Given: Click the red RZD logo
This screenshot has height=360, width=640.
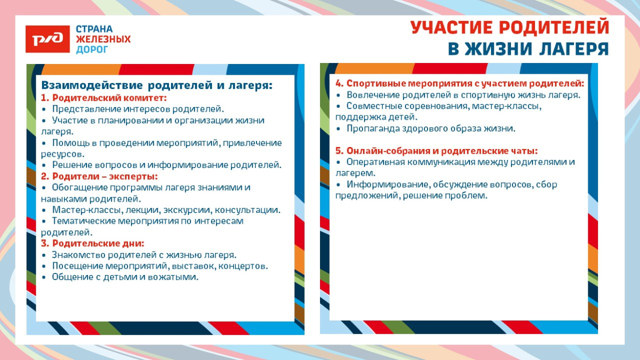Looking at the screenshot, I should click(47, 39).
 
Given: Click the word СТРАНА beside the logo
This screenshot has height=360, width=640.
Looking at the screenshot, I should click(94, 29).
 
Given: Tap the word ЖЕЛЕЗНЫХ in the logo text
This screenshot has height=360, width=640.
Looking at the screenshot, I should click(103, 39).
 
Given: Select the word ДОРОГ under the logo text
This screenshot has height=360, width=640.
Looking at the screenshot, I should click(92, 50).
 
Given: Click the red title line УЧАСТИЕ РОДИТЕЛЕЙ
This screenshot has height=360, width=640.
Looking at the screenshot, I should click(510, 28).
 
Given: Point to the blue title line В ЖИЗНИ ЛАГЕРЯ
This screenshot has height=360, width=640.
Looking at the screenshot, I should click(528, 49).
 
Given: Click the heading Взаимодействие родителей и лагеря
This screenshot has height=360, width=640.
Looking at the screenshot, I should click(157, 85).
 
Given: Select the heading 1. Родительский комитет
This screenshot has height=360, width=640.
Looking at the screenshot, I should click(104, 97).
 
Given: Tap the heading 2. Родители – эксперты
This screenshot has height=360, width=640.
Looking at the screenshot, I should click(99, 176).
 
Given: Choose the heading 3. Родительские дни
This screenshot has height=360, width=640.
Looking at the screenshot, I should click(92, 243).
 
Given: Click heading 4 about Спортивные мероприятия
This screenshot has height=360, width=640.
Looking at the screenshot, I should click(459, 83).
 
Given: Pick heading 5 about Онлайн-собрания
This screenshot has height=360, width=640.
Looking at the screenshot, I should click(436, 151).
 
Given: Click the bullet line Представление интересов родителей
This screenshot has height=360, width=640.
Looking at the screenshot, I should click(138, 109).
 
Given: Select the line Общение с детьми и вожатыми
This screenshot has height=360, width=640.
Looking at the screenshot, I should click(125, 277).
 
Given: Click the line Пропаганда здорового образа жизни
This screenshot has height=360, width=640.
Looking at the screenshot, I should click(431, 129).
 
